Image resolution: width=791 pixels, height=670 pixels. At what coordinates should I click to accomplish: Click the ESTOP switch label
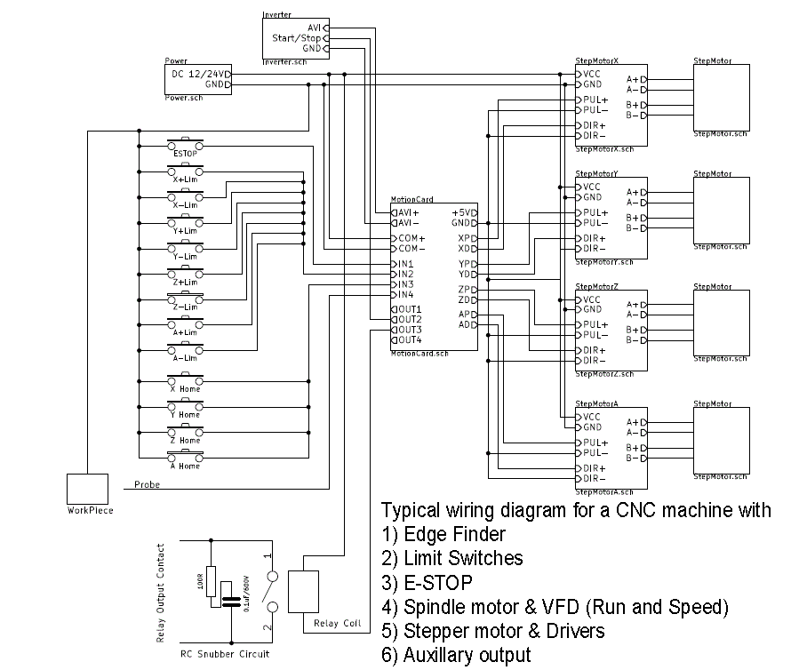[x=185, y=154]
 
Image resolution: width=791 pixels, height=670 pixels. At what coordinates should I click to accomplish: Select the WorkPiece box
[x=90, y=489]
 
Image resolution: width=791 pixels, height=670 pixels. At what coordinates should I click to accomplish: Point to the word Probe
[x=148, y=485]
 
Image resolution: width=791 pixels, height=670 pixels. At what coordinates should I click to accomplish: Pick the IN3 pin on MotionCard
[x=404, y=284]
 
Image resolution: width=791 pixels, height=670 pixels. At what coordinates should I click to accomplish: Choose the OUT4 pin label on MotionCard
[x=409, y=340]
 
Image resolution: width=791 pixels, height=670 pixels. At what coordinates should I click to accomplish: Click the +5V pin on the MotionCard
[x=464, y=213]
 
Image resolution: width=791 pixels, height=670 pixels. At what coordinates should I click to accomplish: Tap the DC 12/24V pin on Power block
[x=201, y=74]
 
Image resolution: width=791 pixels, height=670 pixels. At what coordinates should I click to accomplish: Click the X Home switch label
[x=185, y=389]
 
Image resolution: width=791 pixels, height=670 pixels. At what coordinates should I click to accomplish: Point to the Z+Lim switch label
[x=185, y=283]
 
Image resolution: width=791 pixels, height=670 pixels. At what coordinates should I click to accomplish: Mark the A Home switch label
[x=185, y=467]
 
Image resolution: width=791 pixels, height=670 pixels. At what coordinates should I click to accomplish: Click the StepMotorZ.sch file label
[x=604, y=374]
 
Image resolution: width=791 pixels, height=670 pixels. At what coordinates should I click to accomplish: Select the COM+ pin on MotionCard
[x=411, y=239]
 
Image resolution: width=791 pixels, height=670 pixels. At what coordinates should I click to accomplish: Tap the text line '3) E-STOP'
[x=427, y=584]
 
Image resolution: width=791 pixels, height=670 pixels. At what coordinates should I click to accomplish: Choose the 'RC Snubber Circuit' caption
[x=225, y=654]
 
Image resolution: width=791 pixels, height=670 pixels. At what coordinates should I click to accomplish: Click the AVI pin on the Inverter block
[x=313, y=28]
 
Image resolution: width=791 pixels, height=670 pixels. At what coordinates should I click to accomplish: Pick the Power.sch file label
[x=184, y=98]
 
